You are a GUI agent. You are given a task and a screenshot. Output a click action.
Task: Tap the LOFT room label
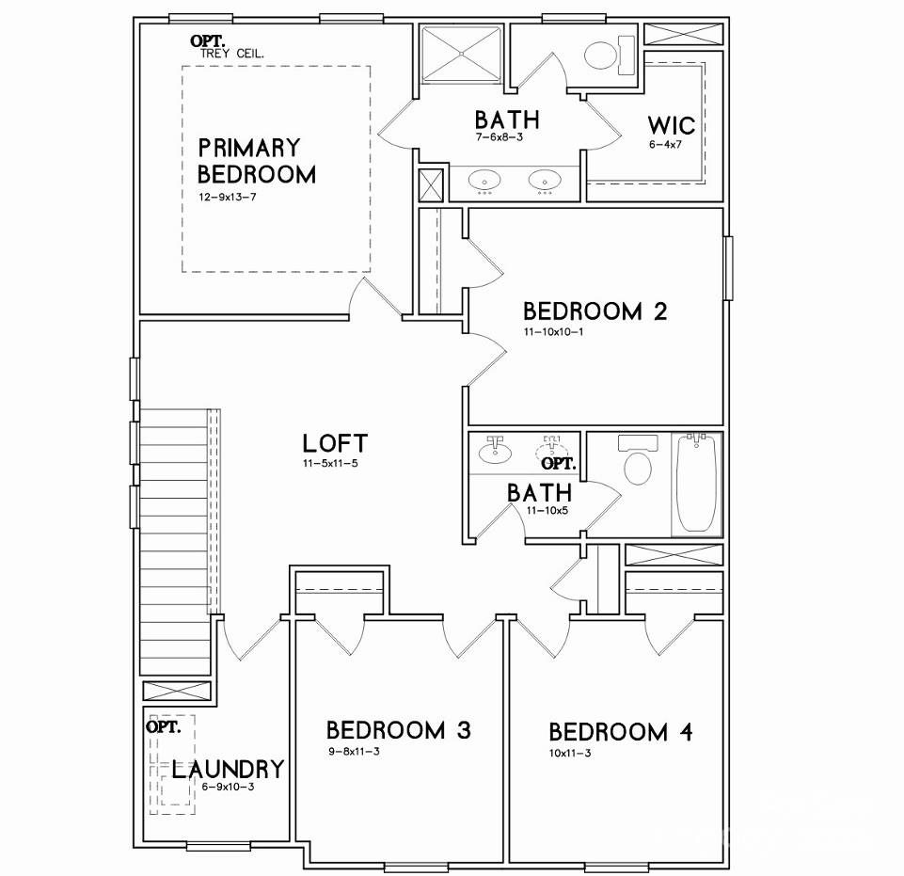pyautogui.click(x=335, y=443)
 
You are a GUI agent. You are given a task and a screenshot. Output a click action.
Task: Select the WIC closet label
pyautogui.click(x=671, y=125)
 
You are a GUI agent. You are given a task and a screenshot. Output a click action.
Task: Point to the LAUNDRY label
pyautogui.click(x=227, y=769)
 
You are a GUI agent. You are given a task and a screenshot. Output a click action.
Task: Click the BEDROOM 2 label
pyautogui.click(x=595, y=311)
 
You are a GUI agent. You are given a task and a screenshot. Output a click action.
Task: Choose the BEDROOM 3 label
pyautogui.click(x=398, y=730)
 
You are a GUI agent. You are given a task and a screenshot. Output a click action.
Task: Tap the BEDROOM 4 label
pyautogui.click(x=621, y=732)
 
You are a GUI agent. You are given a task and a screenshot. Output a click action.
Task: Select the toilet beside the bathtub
pyautogui.click(x=639, y=466)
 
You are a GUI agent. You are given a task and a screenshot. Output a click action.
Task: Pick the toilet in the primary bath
pyautogui.click(x=601, y=55)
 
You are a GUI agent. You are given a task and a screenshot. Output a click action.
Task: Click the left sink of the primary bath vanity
pyautogui.click(x=485, y=179)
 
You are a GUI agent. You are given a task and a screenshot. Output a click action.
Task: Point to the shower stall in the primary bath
pyautogui.click(x=463, y=56)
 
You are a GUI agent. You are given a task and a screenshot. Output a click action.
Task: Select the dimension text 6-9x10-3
pyautogui.click(x=228, y=787)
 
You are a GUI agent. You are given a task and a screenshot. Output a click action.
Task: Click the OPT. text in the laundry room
pyautogui.click(x=163, y=726)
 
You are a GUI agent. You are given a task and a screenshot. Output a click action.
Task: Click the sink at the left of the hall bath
pyautogui.click(x=495, y=453)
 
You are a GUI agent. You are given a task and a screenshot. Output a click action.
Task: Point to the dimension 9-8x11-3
pyautogui.click(x=355, y=751)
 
